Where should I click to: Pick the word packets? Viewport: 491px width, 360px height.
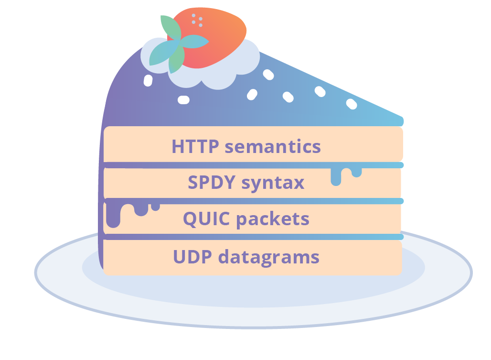273,219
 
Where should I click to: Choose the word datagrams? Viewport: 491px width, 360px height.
269,257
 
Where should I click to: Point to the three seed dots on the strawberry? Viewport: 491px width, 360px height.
197,20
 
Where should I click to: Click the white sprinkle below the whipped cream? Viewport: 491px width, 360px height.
183,99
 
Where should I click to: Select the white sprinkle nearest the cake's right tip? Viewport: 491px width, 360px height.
352,103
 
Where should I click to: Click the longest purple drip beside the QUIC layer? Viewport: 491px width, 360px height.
113,215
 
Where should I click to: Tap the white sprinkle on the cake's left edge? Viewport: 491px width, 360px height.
148,80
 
